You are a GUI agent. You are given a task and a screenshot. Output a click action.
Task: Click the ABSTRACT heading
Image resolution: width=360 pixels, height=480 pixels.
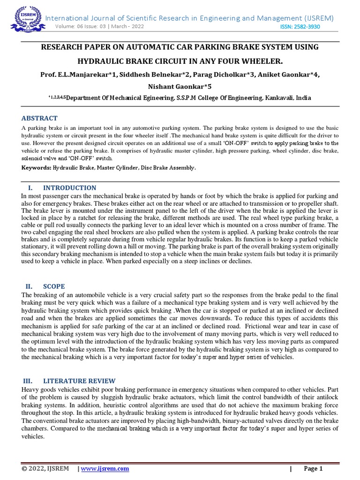(x=40, y=119)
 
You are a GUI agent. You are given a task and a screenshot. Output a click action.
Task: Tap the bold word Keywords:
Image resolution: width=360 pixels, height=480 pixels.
(x=36, y=167)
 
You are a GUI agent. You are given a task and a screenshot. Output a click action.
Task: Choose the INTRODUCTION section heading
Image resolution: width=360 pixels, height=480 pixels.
(x=69, y=188)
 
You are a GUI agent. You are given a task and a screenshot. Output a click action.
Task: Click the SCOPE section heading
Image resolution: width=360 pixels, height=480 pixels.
(x=54, y=286)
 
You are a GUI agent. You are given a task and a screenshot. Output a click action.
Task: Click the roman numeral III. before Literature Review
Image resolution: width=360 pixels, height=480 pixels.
(x=29, y=381)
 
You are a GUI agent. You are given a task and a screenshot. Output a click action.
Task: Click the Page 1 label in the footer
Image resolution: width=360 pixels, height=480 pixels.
(x=314, y=469)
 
